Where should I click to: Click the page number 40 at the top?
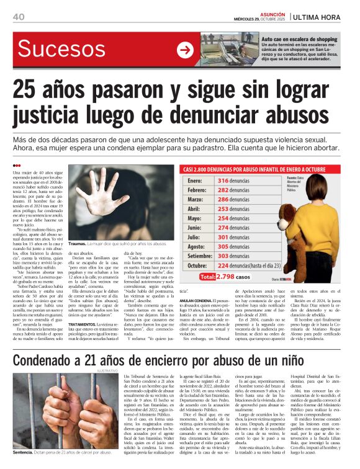18,16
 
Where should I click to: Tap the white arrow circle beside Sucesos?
186,50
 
